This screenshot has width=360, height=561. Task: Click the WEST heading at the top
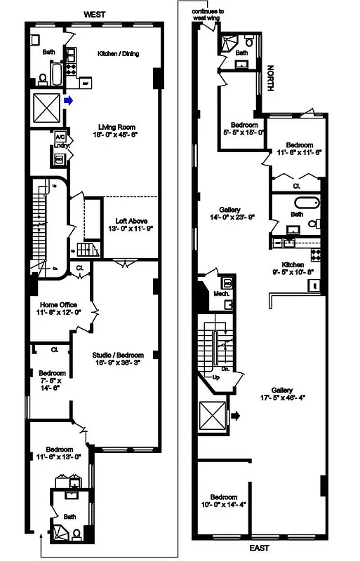(95, 13)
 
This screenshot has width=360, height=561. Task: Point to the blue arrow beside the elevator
(68, 101)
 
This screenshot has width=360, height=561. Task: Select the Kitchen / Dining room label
(117, 53)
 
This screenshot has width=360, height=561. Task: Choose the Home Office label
(58, 304)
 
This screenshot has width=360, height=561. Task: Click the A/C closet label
(60, 137)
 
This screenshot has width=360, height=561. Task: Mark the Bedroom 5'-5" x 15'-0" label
(243, 126)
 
